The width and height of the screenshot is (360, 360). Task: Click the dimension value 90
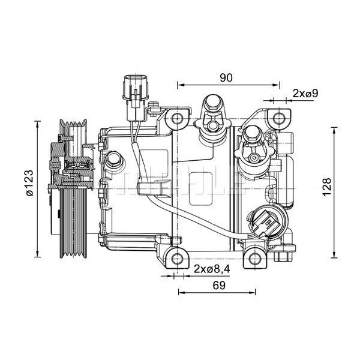[x=226, y=77]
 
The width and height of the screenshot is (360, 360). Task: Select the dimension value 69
[x=219, y=286]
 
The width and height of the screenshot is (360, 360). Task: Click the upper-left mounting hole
[x=178, y=118]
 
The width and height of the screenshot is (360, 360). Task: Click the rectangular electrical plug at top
[x=133, y=90]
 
